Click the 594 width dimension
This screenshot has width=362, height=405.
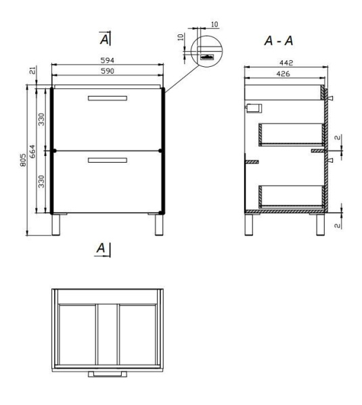(107, 61)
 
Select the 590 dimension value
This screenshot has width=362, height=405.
(107, 71)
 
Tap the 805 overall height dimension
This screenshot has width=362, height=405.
(23, 160)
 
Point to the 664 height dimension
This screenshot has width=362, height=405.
(32, 152)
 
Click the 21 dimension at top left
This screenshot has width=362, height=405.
(33, 70)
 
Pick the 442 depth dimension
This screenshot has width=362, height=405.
(286, 63)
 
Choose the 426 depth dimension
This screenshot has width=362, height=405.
(283, 74)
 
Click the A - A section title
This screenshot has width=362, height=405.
(279, 40)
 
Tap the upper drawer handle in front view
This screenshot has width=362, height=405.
(108, 98)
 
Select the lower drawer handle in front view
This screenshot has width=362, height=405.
(108, 161)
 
